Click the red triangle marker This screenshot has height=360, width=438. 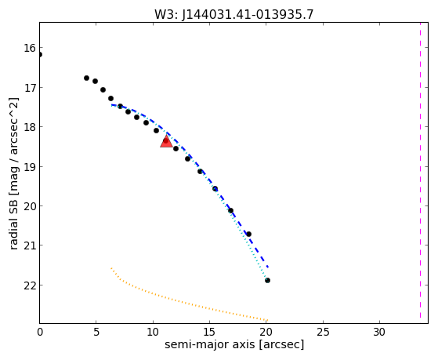coord(166,141)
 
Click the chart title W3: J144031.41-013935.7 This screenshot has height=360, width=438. coord(233,14)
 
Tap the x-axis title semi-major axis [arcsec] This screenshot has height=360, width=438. coord(234,344)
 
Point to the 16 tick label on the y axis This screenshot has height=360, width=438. coord(30,48)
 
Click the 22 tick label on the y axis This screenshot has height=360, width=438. coord(30,285)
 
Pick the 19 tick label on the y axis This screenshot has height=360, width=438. coord(30,167)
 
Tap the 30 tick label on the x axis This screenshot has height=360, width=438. coord(379,332)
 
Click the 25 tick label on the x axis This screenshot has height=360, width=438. coord(323,332)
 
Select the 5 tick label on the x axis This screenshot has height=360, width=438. coord(96,332)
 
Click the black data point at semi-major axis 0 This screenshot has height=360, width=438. coord(40,55)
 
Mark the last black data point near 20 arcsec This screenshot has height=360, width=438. coord(267,280)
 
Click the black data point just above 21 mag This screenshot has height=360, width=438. coord(248,234)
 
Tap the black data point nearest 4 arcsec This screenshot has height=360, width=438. coord(87,78)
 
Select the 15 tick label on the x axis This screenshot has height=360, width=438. coord(209,332)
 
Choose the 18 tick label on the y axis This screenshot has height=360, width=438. coord(30,127)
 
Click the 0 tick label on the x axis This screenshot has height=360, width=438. coord(40,332)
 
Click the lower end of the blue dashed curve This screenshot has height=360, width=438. coord(268,267)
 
